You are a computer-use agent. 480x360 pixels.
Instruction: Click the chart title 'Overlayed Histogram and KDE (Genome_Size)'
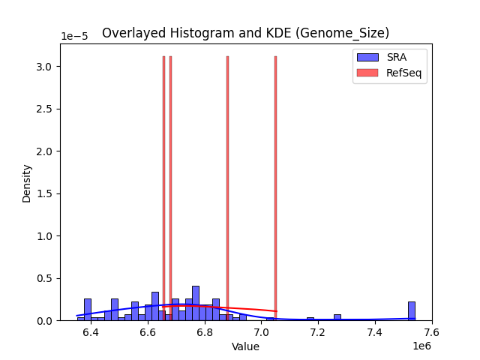point(245,33)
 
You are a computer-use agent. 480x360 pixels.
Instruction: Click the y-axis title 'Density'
point(27,183)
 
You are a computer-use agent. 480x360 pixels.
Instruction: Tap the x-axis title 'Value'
point(245,346)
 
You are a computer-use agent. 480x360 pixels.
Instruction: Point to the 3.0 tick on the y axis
point(44,67)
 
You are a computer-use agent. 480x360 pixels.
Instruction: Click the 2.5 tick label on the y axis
point(44,109)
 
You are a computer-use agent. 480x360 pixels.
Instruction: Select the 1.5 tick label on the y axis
point(44,193)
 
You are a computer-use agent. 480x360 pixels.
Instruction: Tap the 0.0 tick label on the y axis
point(44,321)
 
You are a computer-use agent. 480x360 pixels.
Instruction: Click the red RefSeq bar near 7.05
point(275,187)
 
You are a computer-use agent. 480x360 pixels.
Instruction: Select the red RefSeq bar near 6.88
point(227,187)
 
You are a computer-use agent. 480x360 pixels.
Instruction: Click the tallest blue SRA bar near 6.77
point(196,304)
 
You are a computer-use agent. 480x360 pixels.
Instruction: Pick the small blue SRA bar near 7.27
point(337,317)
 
